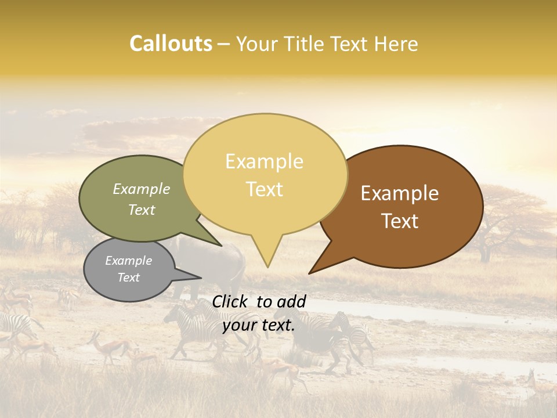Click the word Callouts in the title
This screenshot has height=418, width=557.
[171, 44]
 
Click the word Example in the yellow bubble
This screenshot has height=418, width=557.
[264, 161]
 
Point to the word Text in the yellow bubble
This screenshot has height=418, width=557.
[264, 189]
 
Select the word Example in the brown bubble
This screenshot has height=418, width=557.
[400, 193]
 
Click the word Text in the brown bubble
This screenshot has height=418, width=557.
[400, 221]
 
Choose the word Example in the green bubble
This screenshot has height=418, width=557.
[141, 189]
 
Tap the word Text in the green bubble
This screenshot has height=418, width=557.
[141, 210]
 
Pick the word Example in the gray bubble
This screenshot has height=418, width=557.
[128, 261]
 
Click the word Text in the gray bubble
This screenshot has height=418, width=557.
[128, 278]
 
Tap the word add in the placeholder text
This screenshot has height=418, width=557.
[291, 301]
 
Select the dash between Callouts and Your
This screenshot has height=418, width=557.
[225, 45]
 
